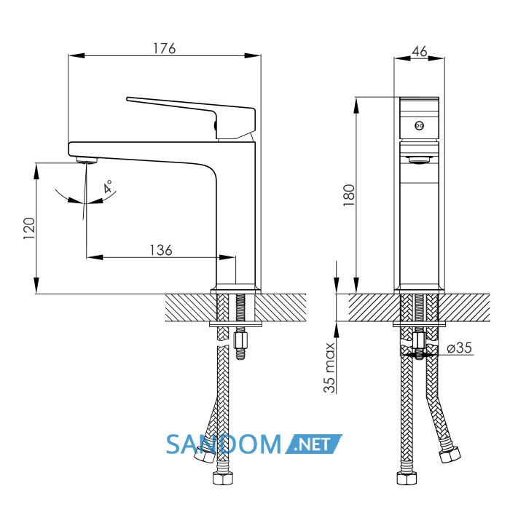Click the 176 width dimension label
164,48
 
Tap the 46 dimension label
420,52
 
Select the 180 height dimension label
349,195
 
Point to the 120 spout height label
29,228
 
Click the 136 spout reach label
161,250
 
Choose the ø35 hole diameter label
459,348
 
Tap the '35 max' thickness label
329,368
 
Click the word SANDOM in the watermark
224,444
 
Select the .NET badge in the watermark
313,444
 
